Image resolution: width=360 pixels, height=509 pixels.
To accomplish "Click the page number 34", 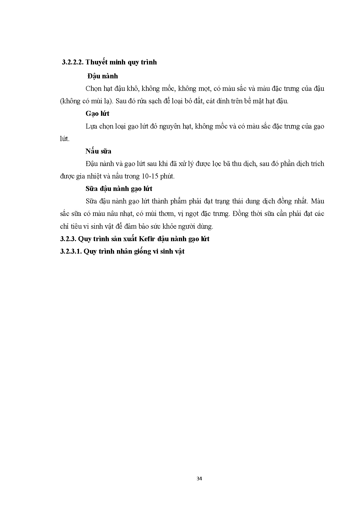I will click(x=199, y=479).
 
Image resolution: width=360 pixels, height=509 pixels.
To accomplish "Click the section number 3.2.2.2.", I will click(x=73, y=62).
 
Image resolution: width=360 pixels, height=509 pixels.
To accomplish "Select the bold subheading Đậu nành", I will click(x=103, y=76).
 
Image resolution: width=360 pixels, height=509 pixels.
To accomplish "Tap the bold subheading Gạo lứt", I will click(x=97, y=113).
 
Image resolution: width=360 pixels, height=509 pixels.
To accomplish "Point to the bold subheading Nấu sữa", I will click(x=98, y=151).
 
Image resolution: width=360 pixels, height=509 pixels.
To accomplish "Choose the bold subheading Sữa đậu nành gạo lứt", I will click(x=119, y=189).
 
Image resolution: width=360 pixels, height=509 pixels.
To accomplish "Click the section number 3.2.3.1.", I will click(x=71, y=251).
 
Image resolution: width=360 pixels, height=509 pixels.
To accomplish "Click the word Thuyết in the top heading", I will click(x=97, y=62).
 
